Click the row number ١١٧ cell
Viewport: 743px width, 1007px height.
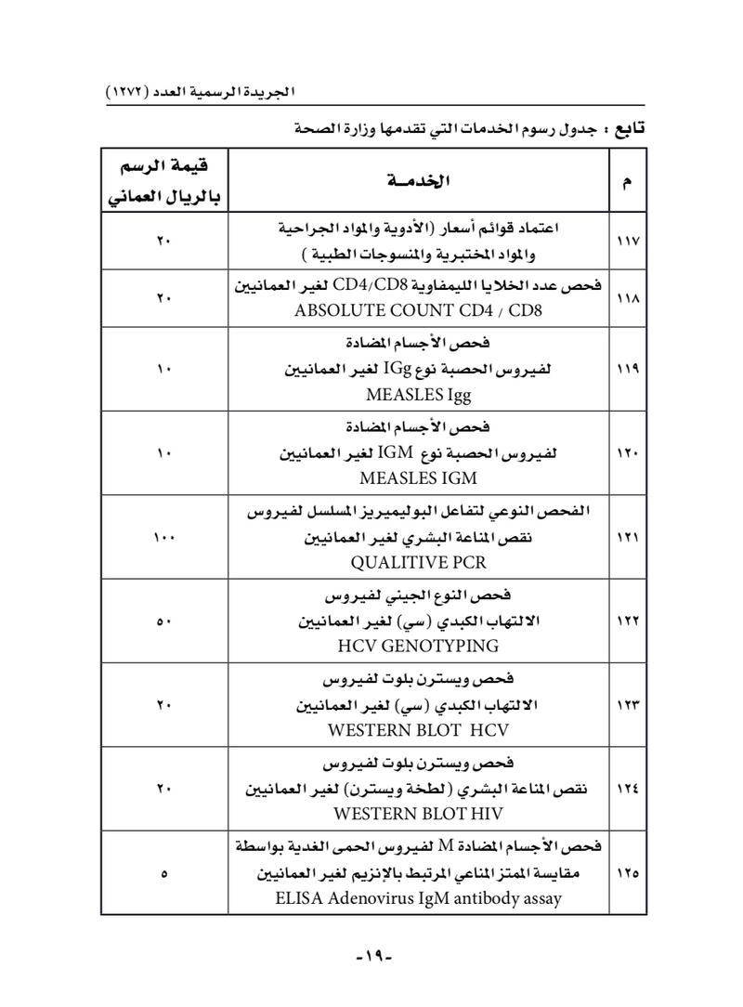626,242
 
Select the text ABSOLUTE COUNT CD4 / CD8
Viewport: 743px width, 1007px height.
417,309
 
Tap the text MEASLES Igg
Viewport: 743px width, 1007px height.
418,395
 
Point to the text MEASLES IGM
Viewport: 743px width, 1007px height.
418,478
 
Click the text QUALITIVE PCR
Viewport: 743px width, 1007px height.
417,562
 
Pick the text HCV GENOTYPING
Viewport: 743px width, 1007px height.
418,646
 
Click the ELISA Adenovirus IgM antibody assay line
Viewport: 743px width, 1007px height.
417,898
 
